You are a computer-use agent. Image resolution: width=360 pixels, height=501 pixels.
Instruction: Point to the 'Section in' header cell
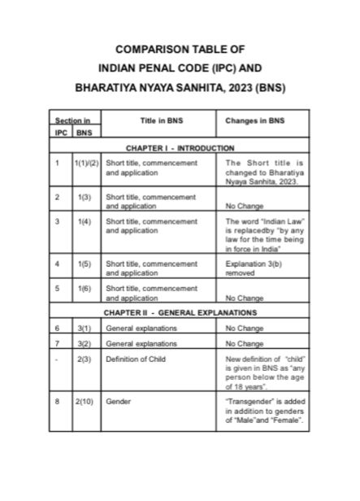pos(72,120)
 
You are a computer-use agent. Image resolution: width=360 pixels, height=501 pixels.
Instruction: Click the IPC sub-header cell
pos(61,132)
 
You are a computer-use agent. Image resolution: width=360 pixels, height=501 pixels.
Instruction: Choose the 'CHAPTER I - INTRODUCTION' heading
pos(180,148)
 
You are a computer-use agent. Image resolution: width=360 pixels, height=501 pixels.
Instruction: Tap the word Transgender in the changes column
pos(249,401)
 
